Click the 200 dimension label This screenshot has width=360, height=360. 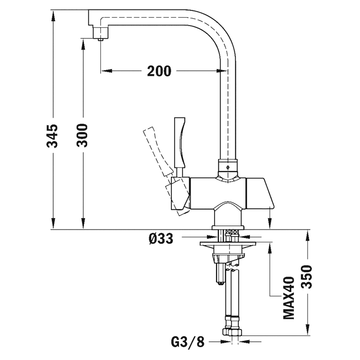pyautogui.click(x=159, y=72)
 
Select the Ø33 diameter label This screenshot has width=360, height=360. pyautogui.click(x=161, y=237)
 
